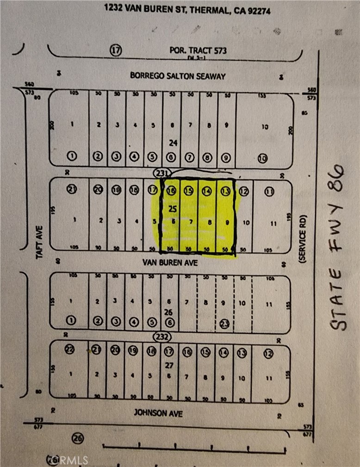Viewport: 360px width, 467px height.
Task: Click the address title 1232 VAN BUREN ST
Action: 185,8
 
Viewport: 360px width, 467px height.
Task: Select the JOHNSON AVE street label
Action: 158,412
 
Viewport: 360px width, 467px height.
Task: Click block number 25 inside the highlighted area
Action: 173,209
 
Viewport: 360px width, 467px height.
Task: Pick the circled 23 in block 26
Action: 225,323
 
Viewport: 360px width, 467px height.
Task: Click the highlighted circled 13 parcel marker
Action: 225,190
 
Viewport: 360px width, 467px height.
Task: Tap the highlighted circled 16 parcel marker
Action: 171,190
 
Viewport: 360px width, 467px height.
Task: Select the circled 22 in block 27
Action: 70,350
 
